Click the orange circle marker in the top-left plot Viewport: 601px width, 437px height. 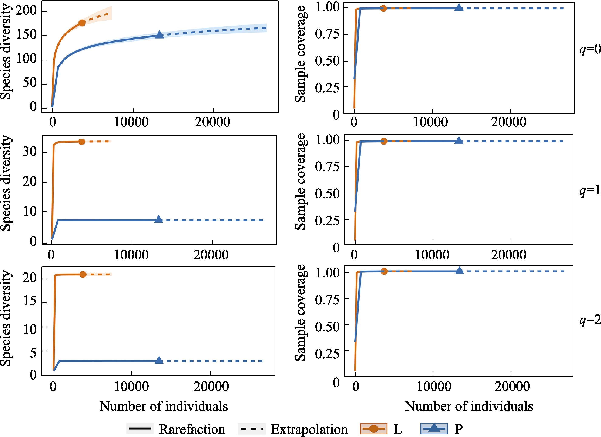[x=82, y=23]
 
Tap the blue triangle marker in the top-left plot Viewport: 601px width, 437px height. [x=159, y=34]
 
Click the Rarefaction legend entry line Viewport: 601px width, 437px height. [x=140, y=428]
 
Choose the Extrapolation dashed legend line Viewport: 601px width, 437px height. [x=251, y=428]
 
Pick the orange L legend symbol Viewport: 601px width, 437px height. [x=373, y=428]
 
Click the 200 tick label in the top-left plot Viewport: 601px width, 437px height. [x=26, y=11]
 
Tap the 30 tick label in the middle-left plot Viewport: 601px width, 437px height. [x=30, y=152]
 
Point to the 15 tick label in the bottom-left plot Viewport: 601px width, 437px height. [x=30, y=301]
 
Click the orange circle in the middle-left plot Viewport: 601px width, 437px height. [x=82, y=142]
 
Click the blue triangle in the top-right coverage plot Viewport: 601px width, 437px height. [x=459, y=7]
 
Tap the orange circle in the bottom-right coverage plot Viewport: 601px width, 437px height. [x=384, y=271]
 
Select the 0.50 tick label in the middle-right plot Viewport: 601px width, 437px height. [x=327, y=193]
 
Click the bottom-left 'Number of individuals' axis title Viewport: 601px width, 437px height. [x=164, y=406]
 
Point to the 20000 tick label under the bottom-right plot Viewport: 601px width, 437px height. [x=512, y=386]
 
